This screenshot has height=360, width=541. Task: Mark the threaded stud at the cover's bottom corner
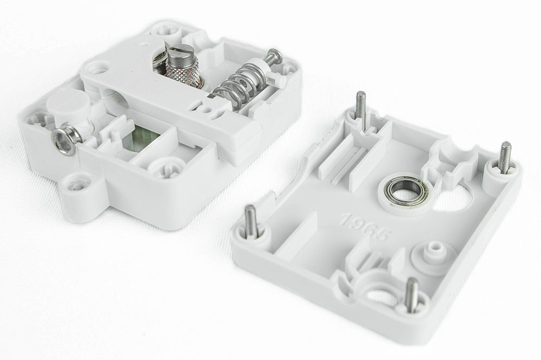(413, 294)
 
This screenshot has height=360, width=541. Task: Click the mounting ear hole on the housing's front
(77, 185)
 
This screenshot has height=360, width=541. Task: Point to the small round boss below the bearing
(432, 252)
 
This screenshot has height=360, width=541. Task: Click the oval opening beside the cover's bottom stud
(381, 295)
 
